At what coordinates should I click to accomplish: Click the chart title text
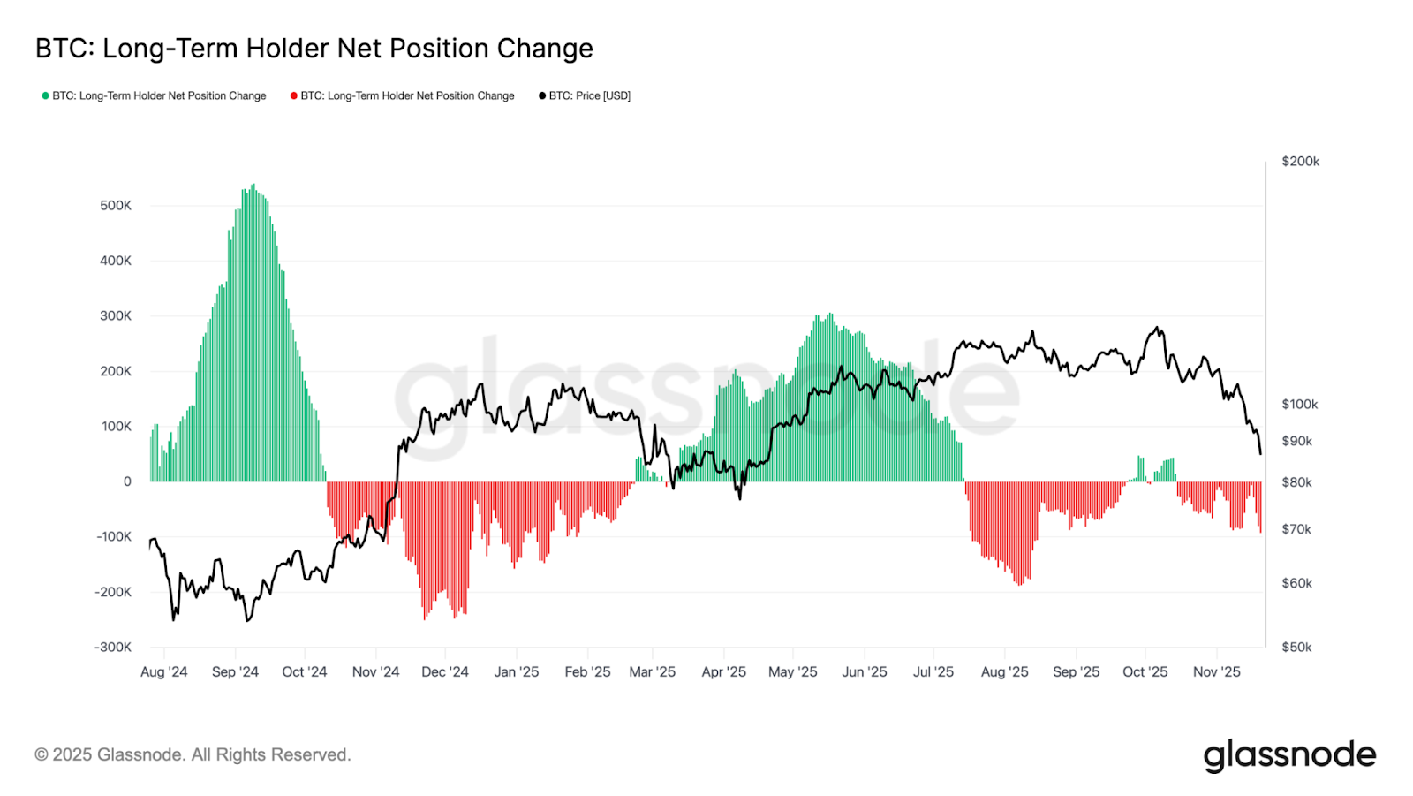point(314,49)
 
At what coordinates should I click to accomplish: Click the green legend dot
point(45,95)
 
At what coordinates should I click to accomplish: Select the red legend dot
point(293,95)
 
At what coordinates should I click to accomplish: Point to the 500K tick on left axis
point(116,206)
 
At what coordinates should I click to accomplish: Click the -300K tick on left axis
point(113,648)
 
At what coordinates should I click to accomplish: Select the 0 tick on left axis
point(127,481)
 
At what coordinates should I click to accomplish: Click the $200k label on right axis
point(1300,162)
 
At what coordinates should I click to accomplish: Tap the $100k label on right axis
point(1299,405)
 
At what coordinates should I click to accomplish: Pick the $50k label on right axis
point(1296,648)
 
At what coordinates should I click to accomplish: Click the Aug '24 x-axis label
point(163,672)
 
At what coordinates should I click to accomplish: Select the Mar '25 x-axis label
point(652,672)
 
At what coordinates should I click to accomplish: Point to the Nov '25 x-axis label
point(1216,672)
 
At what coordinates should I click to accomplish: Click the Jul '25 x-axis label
point(933,672)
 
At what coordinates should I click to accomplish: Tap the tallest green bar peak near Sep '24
point(253,186)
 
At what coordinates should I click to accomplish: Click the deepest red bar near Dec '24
point(425,618)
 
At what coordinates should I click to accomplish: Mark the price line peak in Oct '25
point(1158,328)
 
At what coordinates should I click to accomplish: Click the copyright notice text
point(193,755)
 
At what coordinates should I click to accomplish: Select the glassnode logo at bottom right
point(1289,756)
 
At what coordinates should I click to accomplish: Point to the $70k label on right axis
point(1296,530)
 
